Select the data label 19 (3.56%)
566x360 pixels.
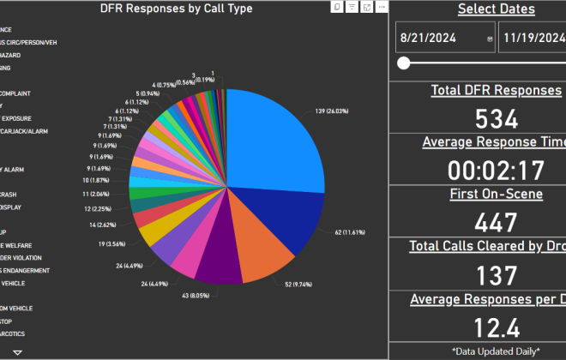[x=112, y=244]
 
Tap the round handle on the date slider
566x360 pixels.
[x=404, y=63]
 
